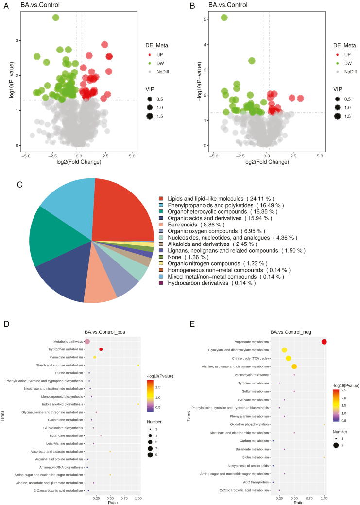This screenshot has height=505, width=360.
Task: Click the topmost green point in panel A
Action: pyautogui.click(x=56, y=17)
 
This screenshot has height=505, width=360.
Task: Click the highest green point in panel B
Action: pyautogui.click(x=224, y=17)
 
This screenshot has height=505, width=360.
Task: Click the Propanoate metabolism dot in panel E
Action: pyautogui.click(x=324, y=342)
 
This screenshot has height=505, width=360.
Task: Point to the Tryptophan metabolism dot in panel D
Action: pyautogui.click(x=101, y=349)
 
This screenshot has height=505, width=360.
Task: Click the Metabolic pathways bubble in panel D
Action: pyautogui.click(x=87, y=342)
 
